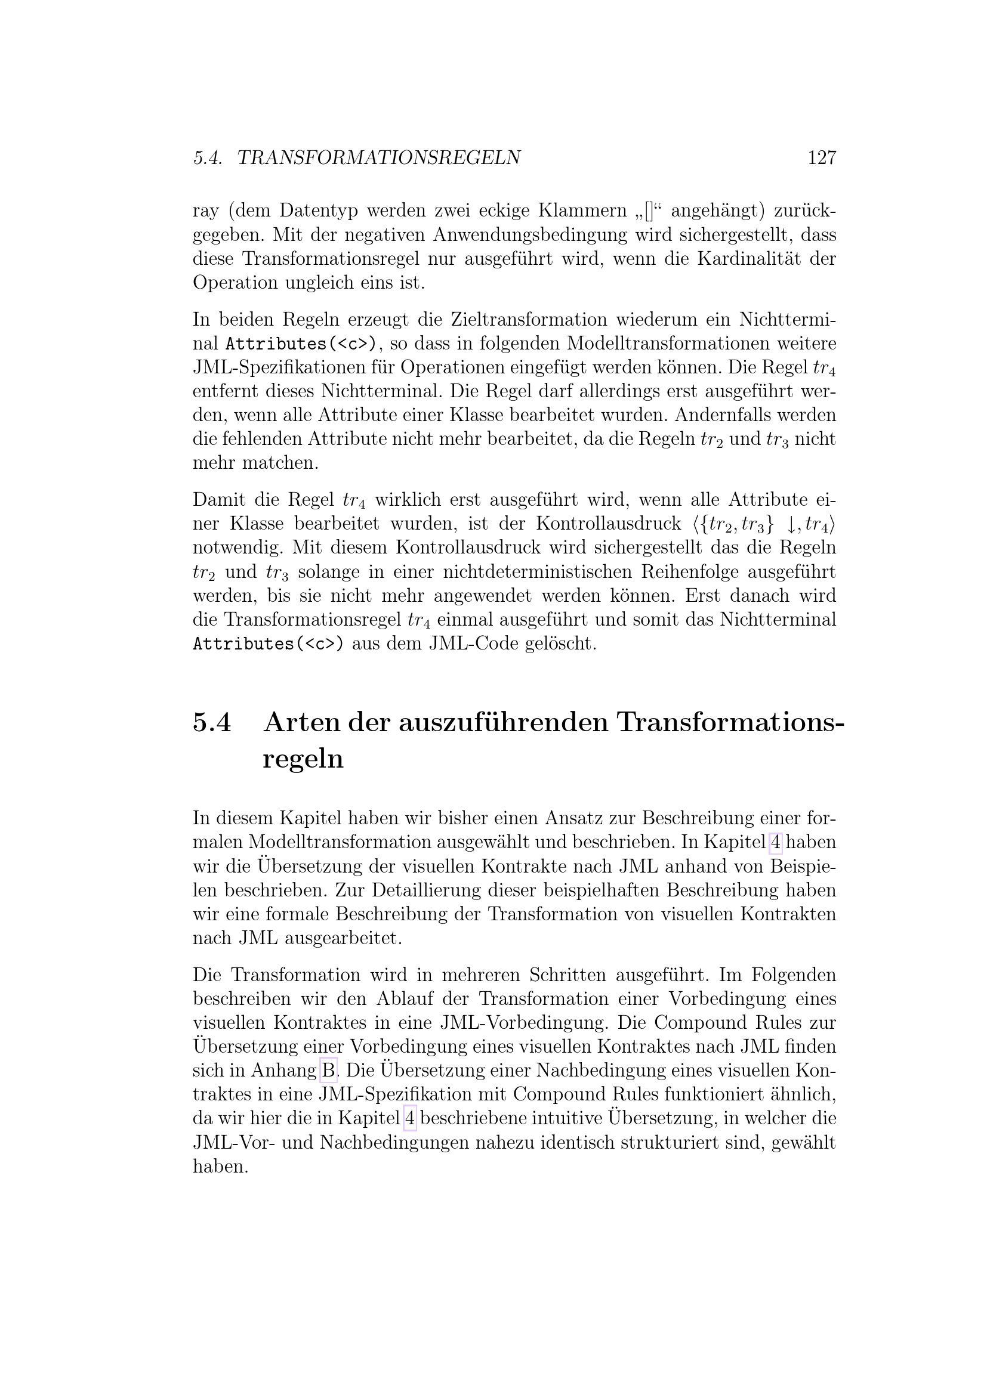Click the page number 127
(x=822, y=158)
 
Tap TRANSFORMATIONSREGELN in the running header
(x=379, y=158)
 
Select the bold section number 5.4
(x=212, y=722)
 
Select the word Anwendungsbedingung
(x=528, y=234)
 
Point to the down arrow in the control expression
(x=791, y=524)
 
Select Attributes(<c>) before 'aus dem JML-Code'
(x=268, y=644)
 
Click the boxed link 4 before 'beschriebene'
(x=409, y=1118)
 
